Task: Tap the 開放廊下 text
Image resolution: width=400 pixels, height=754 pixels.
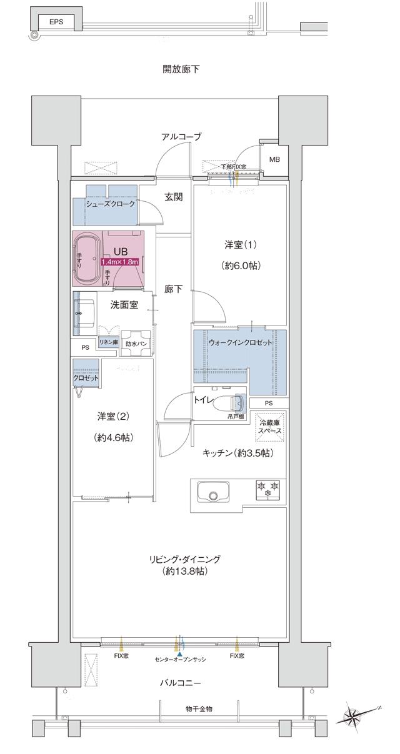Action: click(181, 69)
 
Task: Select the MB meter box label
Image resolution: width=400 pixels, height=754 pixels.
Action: click(274, 159)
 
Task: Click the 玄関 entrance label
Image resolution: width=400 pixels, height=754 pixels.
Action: click(174, 197)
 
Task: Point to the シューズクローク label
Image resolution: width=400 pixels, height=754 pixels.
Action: click(111, 204)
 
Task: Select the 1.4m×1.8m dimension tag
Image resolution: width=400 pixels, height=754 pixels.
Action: click(119, 263)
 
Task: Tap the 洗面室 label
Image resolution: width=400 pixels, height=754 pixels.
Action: click(124, 305)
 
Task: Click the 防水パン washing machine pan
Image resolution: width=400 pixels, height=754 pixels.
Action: click(136, 344)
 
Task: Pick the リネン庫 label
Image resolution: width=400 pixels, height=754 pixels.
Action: click(108, 342)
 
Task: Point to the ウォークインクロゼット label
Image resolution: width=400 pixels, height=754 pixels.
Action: click(240, 344)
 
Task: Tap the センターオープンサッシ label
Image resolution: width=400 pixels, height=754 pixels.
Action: click(180, 660)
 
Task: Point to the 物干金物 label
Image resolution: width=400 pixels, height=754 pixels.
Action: click(199, 708)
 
